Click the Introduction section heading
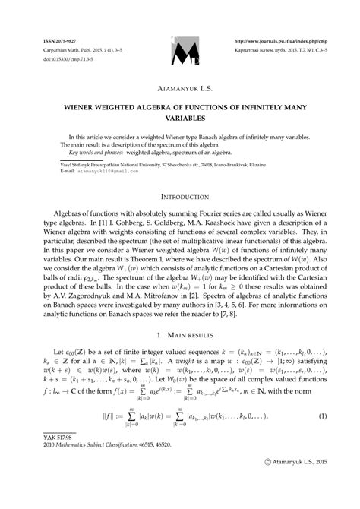point(180,197)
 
